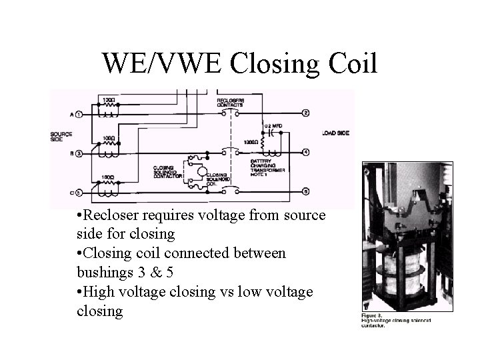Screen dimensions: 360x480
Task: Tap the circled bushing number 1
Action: click(78, 114)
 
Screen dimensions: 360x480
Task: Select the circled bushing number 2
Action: click(305, 113)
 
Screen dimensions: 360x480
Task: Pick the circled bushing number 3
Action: click(78, 153)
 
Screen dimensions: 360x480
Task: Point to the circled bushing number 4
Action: click(305, 152)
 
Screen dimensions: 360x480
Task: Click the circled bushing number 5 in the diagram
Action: click(78, 193)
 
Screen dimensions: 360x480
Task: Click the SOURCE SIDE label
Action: click(61, 136)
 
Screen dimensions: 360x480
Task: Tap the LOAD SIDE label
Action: click(335, 133)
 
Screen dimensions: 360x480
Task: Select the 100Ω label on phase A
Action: click(108, 100)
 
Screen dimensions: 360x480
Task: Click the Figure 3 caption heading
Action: click(371, 315)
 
